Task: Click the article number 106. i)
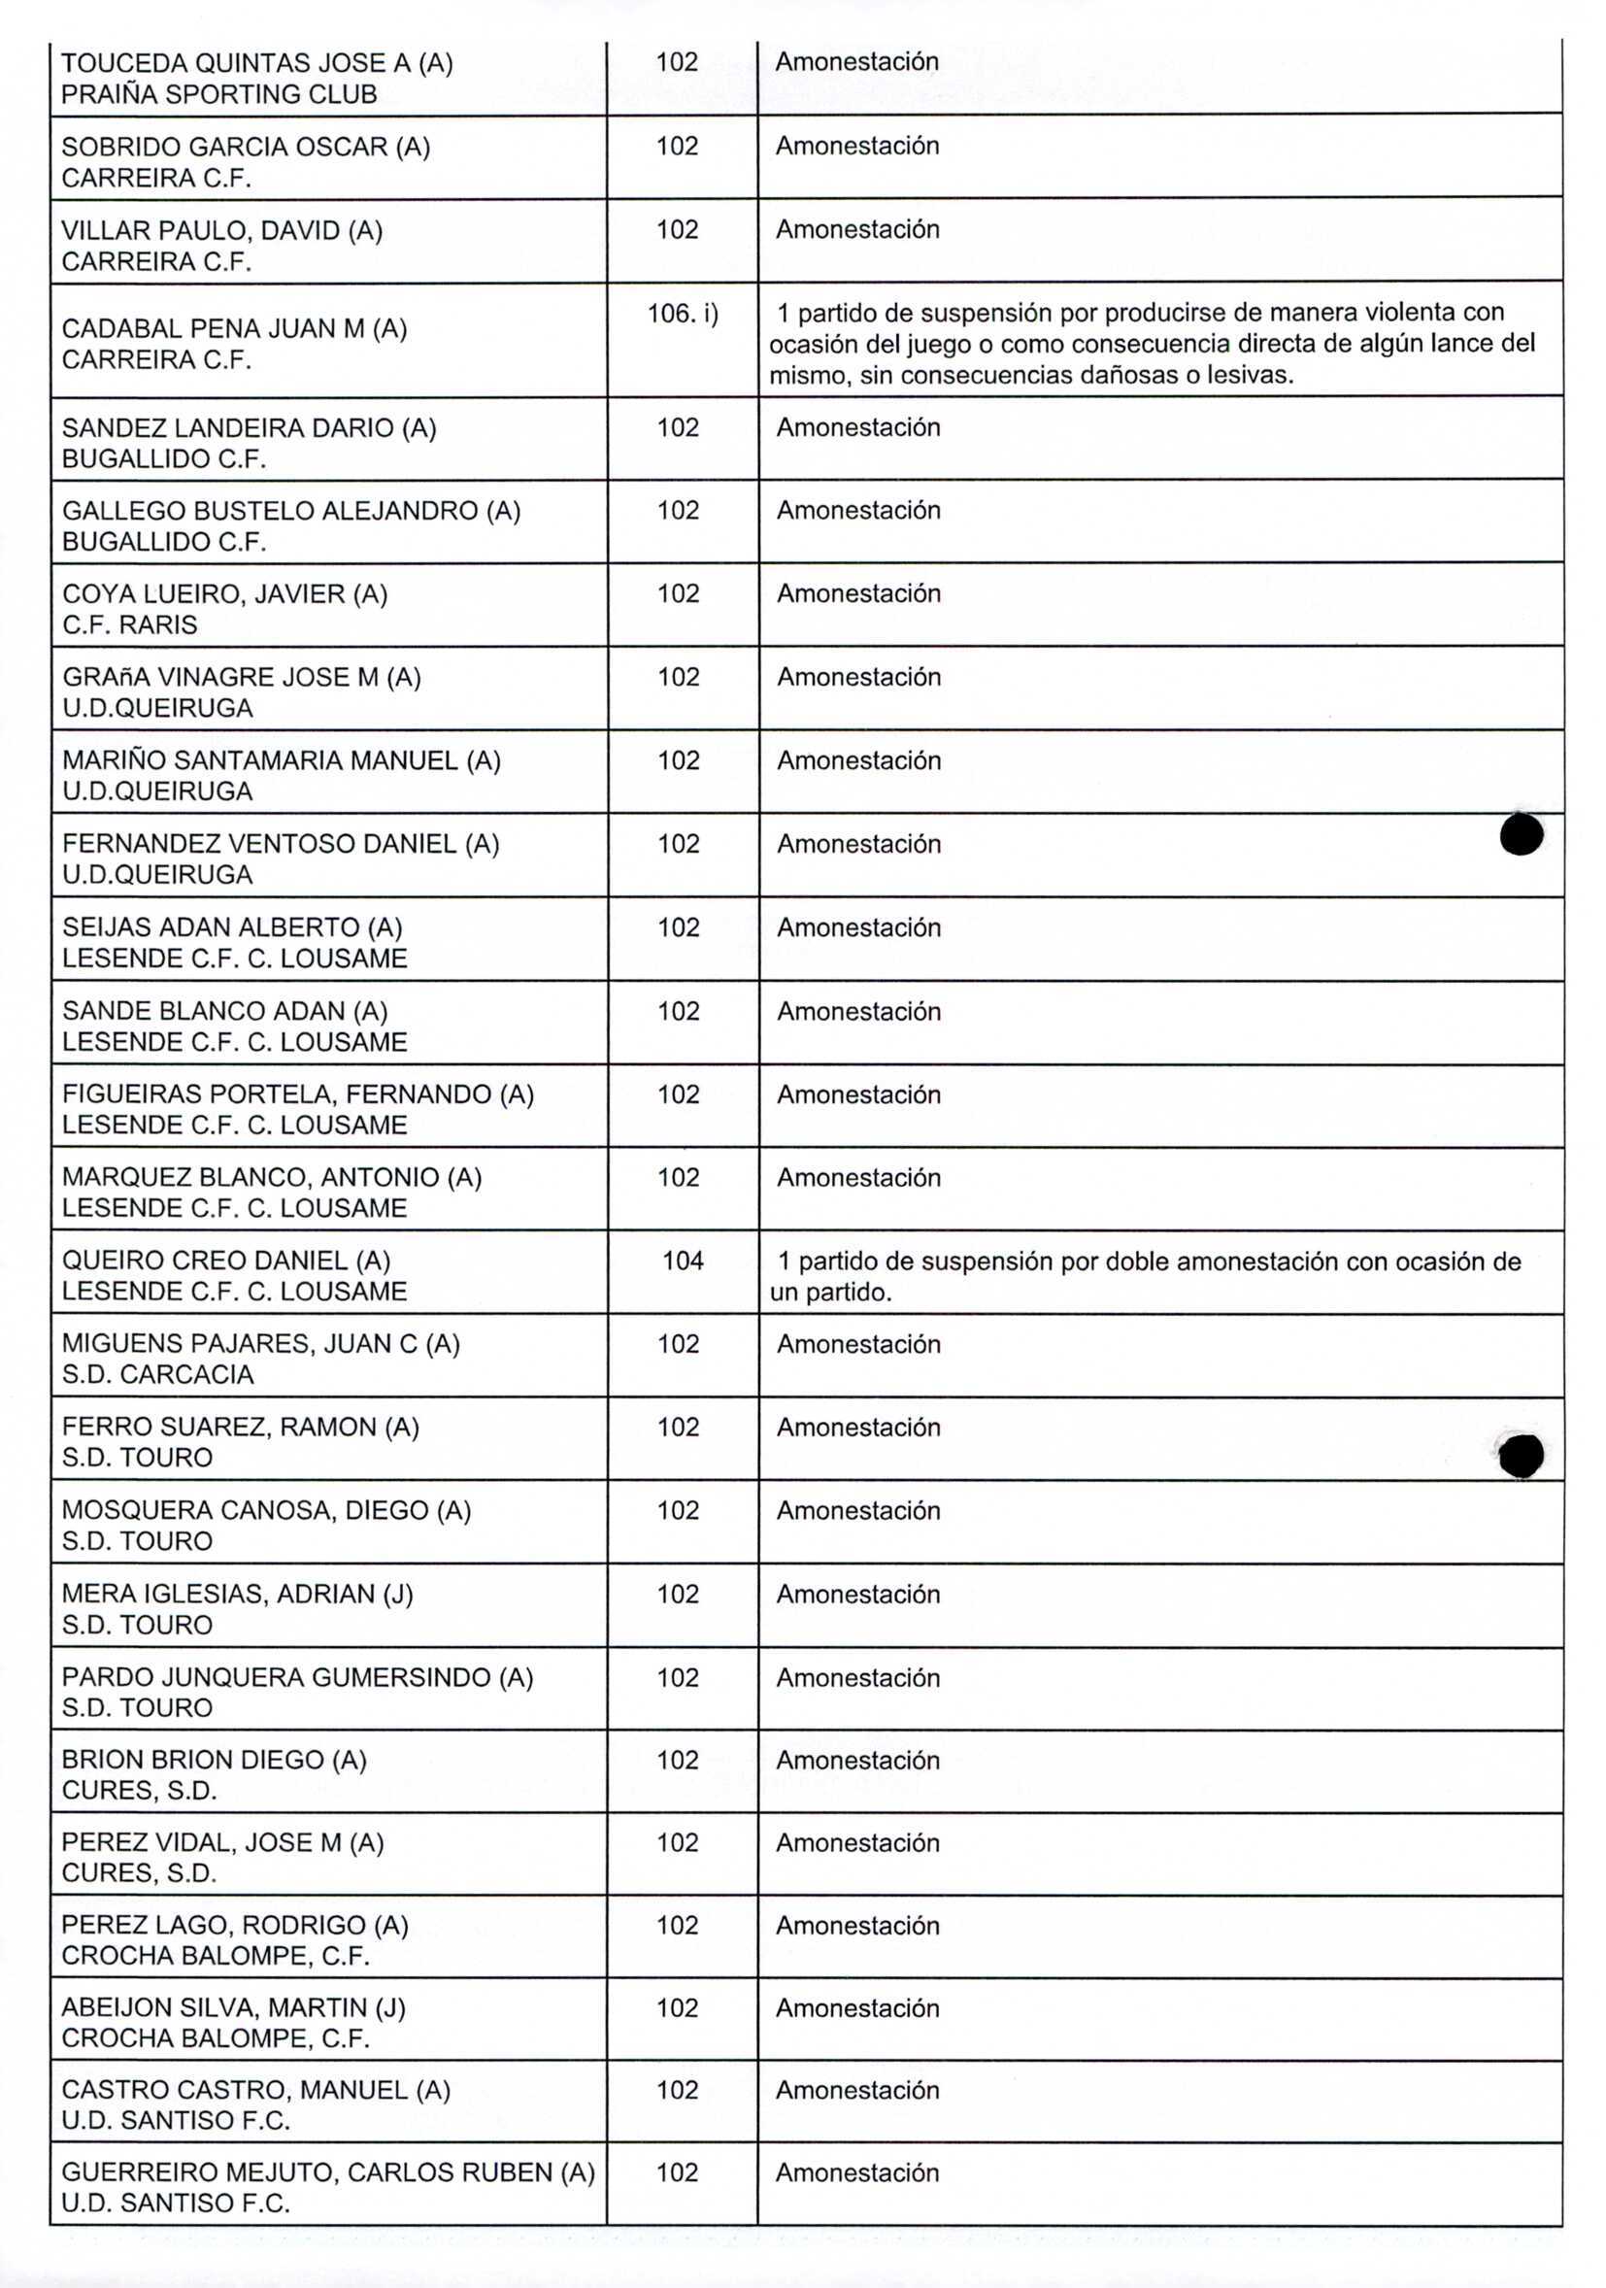[683, 314]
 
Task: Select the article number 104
[683, 1261]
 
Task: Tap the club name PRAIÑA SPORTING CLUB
[219, 94]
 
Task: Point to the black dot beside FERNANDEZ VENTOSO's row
[1521, 835]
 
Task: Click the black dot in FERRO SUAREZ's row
[1521, 1456]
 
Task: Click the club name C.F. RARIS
[129, 624]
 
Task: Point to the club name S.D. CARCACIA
[157, 1374]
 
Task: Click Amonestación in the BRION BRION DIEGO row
[856, 1760]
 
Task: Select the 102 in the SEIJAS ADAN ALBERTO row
[678, 927]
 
